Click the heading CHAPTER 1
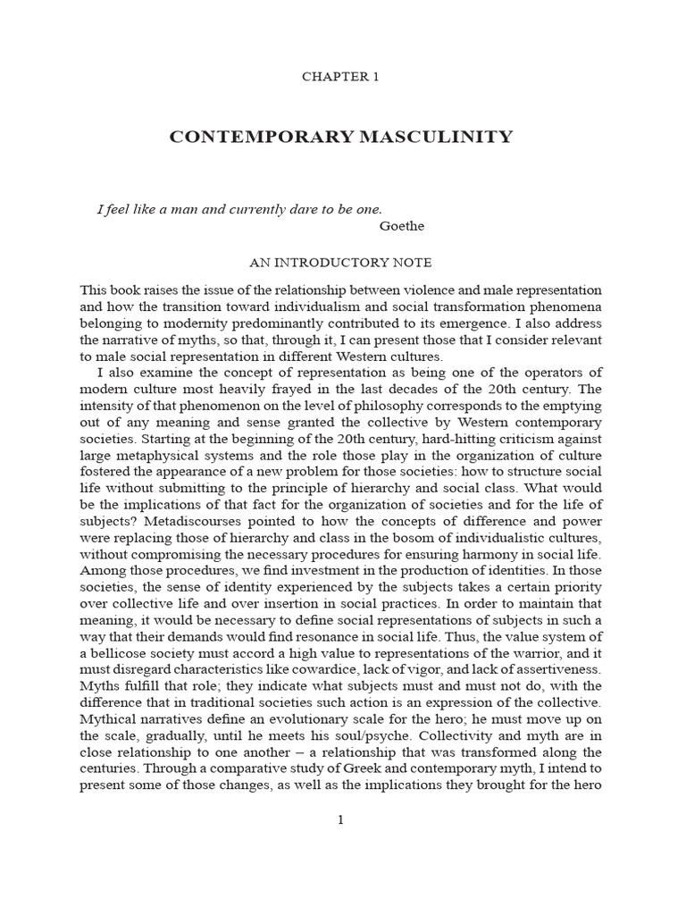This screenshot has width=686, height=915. tap(340, 77)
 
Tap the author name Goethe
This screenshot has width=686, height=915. tap(402, 226)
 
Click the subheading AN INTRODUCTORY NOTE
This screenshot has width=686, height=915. tap(339, 263)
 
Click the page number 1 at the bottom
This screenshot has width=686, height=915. tap(340, 821)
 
